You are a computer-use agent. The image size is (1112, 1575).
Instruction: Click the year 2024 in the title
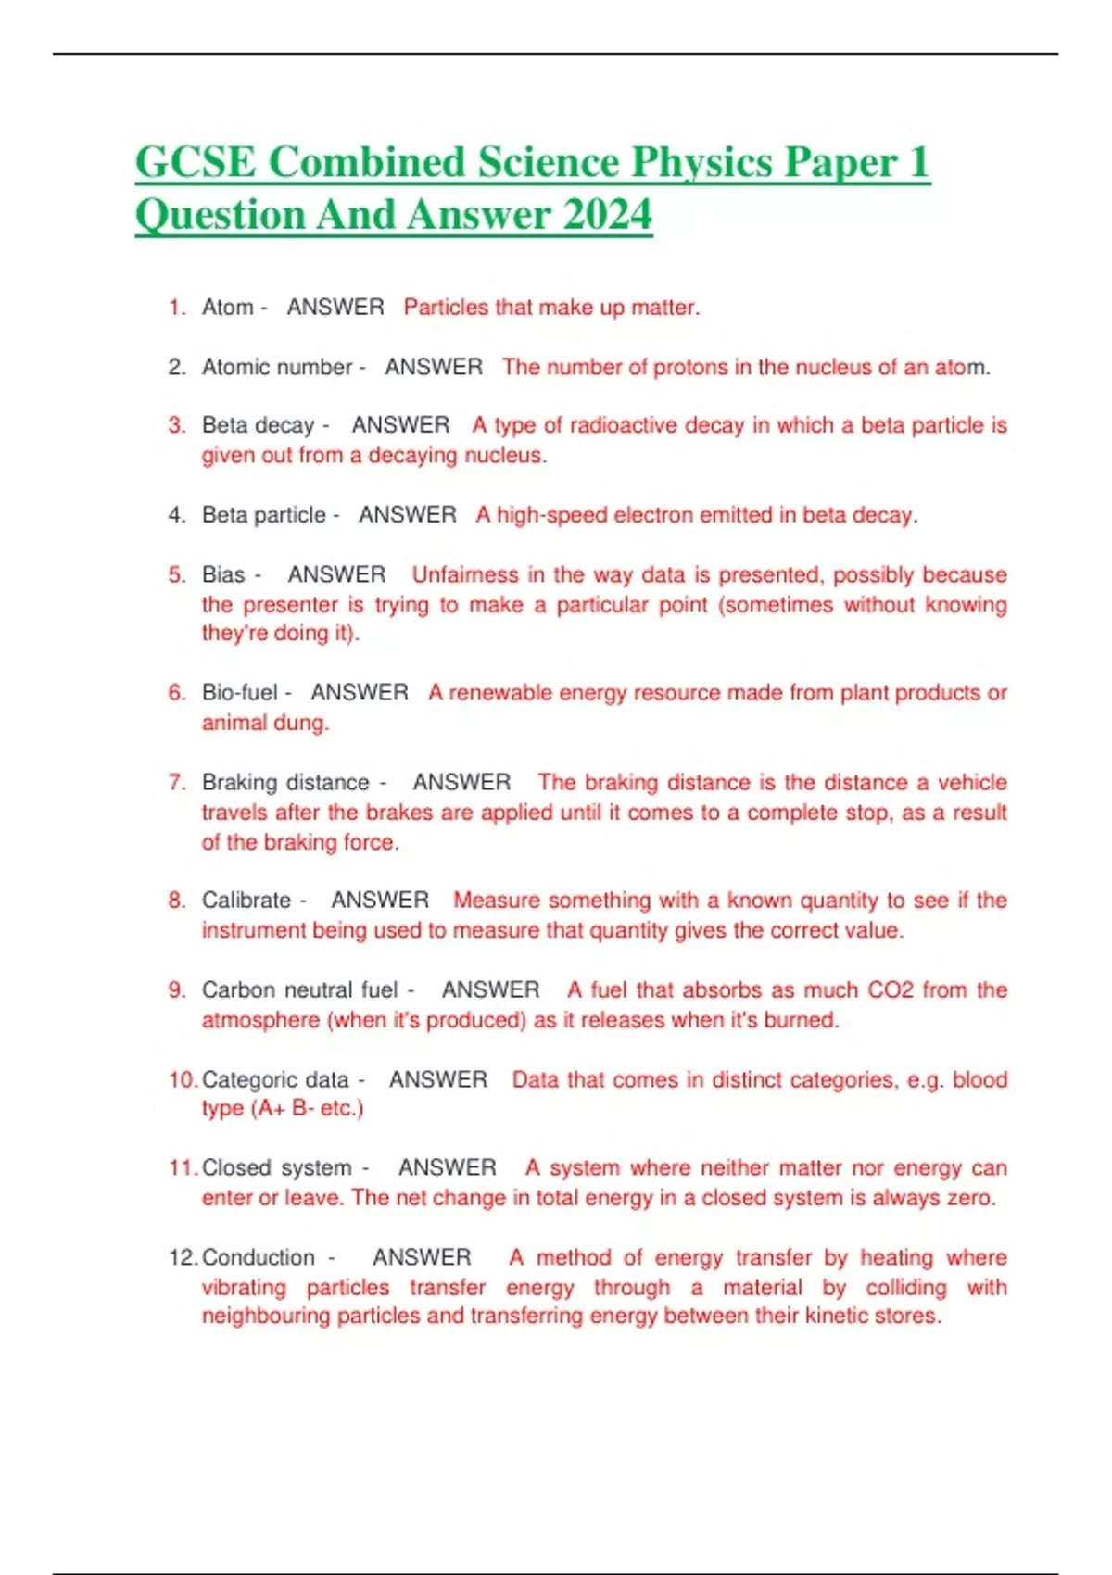click(x=607, y=215)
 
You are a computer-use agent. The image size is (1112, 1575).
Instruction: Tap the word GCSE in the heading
click(x=195, y=163)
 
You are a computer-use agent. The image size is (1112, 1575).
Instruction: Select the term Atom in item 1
click(x=227, y=308)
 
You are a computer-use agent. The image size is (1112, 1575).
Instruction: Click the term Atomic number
click(x=277, y=368)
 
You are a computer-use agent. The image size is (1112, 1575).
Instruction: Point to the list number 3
click(x=176, y=425)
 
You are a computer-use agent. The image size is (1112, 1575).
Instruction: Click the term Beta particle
click(x=264, y=515)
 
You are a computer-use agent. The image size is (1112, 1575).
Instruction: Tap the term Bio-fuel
click(x=240, y=693)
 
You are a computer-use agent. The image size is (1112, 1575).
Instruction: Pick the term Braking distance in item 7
click(x=285, y=783)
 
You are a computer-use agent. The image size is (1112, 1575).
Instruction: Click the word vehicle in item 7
click(x=972, y=783)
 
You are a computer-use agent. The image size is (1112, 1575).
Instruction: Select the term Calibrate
click(x=246, y=901)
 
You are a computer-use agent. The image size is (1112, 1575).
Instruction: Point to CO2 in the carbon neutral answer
click(x=891, y=990)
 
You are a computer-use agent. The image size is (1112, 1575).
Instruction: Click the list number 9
click(x=176, y=990)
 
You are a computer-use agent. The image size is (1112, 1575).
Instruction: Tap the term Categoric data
click(x=275, y=1080)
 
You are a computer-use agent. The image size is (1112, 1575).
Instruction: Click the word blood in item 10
click(x=979, y=1080)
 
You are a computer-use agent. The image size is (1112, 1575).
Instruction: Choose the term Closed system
click(x=277, y=1168)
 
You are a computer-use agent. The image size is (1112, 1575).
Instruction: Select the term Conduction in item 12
click(x=259, y=1258)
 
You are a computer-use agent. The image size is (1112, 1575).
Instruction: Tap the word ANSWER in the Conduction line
click(x=422, y=1258)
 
